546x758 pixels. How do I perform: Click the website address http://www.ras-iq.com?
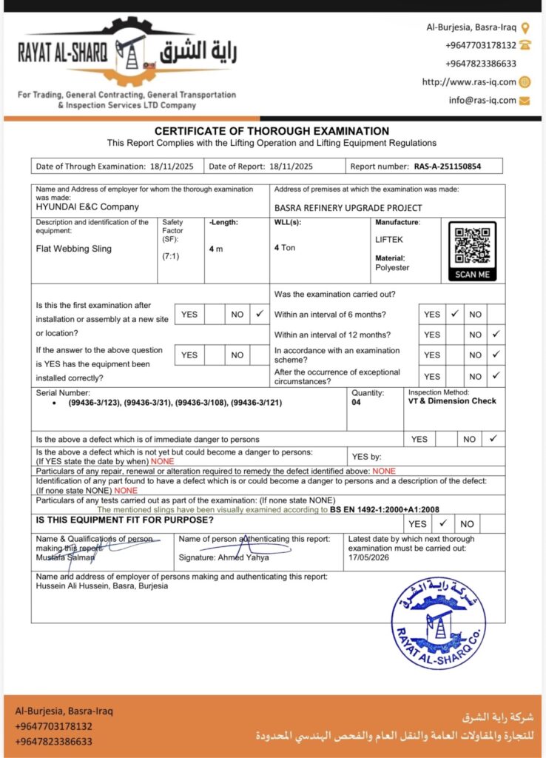tap(469, 82)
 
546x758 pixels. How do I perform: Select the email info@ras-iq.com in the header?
tap(482, 100)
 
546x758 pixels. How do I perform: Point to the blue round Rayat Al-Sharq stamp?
tap(438, 623)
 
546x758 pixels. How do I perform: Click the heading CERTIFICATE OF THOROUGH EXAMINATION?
tap(272, 131)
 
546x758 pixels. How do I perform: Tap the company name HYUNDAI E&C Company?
tap(87, 207)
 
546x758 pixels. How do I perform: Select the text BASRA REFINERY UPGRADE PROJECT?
tap(348, 208)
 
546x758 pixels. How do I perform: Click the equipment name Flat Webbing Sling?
tap(74, 249)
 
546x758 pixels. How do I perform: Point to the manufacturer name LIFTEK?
tap(390, 240)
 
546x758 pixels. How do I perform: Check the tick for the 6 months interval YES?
tap(455, 314)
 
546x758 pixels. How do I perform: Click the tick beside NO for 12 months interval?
tap(496, 335)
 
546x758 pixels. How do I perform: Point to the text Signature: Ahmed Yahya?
tap(224, 557)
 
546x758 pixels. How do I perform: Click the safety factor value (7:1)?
tap(171, 256)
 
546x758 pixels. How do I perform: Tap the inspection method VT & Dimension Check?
tap(452, 400)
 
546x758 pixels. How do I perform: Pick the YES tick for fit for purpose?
tap(445, 523)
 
